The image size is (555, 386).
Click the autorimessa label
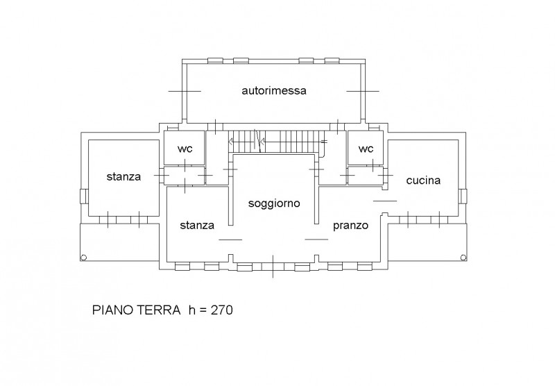point(274,91)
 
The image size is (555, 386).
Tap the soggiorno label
point(274,203)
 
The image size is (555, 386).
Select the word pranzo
point(350,226)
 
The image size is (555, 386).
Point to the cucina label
point(423,181)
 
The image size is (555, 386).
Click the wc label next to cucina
point(366,149)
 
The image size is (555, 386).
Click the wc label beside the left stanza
point(185,149)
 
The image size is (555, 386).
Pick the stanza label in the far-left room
point(123,176)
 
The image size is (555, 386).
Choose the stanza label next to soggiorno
point(197,225)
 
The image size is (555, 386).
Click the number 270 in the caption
point(222,310)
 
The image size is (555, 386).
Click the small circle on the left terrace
point(83,258)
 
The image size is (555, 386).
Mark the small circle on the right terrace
point(463,258)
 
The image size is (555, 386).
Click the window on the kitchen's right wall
point(463,196)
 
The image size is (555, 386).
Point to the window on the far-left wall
point(83,196)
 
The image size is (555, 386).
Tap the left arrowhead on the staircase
point(230,142)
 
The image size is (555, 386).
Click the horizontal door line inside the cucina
point(385,201)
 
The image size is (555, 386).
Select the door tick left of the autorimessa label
point(185,91)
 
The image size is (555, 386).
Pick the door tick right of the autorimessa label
point(363,91)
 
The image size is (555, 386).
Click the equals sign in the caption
point(203,311)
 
